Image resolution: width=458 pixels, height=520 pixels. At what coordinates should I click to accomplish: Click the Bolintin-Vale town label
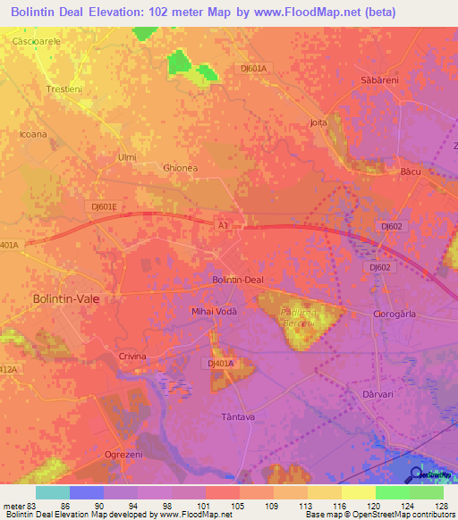tap(65, 299)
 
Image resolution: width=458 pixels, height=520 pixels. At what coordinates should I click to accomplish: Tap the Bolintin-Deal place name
tap(237, 280)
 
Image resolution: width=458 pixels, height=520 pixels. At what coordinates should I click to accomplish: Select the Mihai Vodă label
tap(215, 311)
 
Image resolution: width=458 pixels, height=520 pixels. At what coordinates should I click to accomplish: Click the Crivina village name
tap(132, 356)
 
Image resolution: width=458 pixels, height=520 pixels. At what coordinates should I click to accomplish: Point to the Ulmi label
tap(127, 157)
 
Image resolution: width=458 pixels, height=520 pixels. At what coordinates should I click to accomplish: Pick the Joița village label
tap(318, 122)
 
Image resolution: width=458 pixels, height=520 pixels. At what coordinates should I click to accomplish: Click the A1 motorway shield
tap(224, 227)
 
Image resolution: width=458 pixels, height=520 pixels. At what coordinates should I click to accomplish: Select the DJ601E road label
tap(104, 205)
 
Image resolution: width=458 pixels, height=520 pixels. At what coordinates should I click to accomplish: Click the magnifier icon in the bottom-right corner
tap(417, 475)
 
